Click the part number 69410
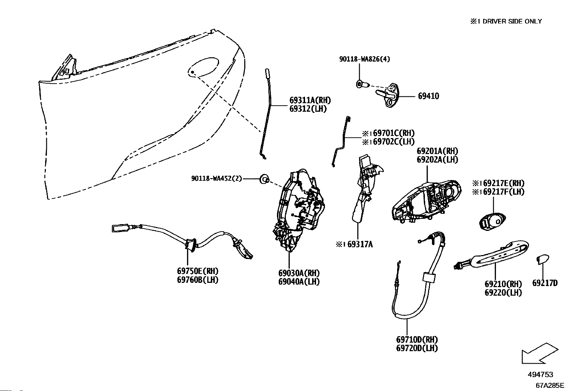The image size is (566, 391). pos(428,96)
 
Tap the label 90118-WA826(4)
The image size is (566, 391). pos(364,59)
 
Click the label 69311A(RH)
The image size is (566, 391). pos(310,100)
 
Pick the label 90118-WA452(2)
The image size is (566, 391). pos(217,179)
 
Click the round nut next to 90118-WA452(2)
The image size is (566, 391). pos(265,179)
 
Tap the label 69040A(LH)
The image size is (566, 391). pos(299,282)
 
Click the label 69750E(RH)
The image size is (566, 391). pos(198,271)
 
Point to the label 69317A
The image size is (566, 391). pos(360,244)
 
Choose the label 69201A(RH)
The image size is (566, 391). pos(437,151)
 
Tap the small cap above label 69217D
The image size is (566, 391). pos(543,259)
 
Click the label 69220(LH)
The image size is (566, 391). pos(503,292)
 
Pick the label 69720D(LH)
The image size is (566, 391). pos(417,348)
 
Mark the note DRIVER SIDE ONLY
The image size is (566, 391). pos(512,21)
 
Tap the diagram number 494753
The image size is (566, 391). pos(540,374)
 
